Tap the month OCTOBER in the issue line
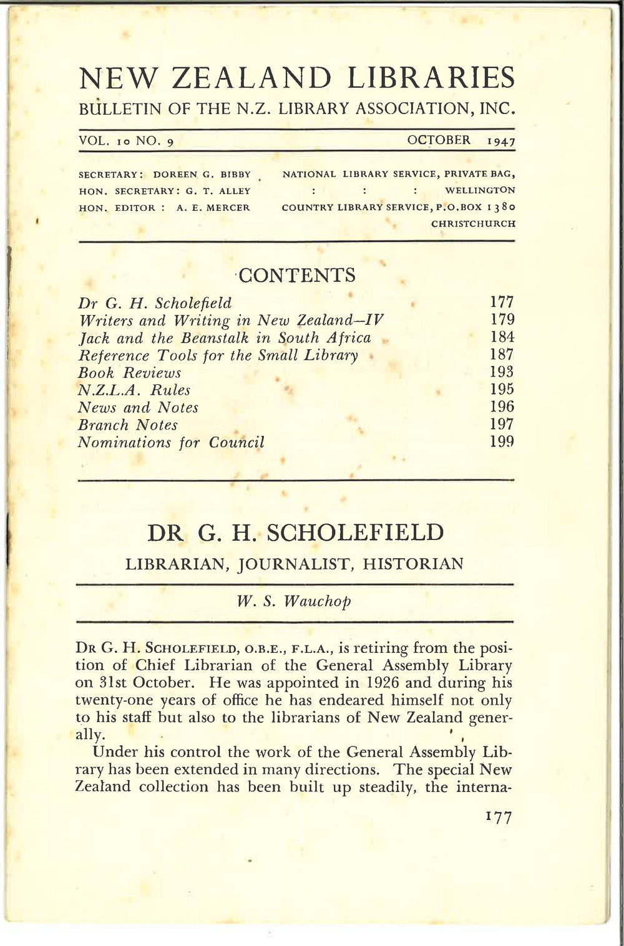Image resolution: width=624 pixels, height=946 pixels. tap(439, 140)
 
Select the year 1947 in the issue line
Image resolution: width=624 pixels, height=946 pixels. tap(501, 141)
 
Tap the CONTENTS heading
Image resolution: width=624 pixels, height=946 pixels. tap(297, 275)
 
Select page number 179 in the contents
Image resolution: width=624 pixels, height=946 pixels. tap(501, 321)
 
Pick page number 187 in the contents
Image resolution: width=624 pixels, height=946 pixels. tap(501, 355)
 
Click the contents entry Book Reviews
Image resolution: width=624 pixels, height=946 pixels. tap(129, 373)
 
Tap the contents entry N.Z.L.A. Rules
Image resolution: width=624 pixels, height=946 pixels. tap(134, 390)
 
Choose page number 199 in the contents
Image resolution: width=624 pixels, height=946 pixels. tap(501, 442)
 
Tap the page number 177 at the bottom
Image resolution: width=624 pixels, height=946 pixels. tap(497, 818)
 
